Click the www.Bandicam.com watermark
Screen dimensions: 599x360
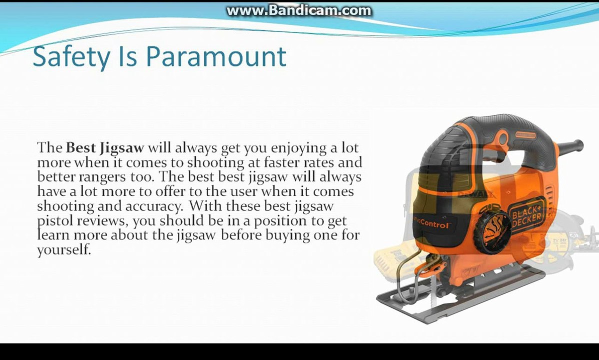[298, 10]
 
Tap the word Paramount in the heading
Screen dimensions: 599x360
[216, 57]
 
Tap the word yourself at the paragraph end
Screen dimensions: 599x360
[64, 250]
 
